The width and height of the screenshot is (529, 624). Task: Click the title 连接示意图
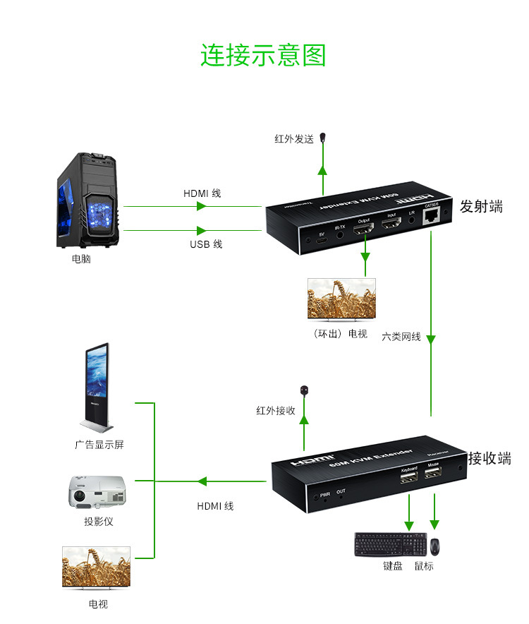pos(263,55)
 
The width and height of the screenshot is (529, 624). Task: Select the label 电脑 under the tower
pos(81,259)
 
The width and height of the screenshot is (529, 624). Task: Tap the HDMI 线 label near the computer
pos(202,193)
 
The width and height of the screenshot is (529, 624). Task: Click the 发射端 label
pos(481,207)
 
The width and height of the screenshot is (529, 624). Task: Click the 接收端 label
pos(490,459)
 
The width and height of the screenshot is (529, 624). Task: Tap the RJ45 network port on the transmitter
pos(430,219)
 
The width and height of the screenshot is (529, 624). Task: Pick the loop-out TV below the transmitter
pos(341,300)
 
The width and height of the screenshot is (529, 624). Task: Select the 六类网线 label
pos(401,337)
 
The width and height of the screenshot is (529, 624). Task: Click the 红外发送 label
pos(294,139)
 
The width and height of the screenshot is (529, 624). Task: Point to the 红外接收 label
pos(276,410)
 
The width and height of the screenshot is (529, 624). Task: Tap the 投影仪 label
pos(99,522)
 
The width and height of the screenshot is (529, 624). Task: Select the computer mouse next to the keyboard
pos(435,546)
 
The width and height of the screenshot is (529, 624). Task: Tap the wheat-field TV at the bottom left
pos(96,567)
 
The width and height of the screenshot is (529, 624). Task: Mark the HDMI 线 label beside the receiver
pos(215,505)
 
